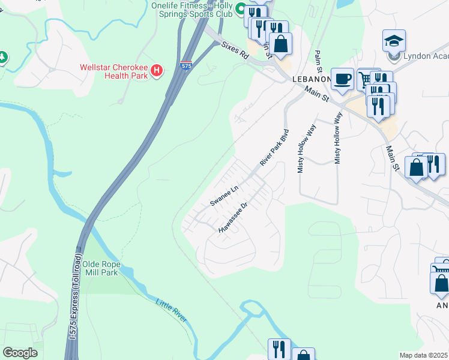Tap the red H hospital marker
157,71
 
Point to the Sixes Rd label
235,49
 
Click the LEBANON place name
311,79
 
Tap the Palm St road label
319,63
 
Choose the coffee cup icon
342,79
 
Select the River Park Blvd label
274,148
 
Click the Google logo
20,353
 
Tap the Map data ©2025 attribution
423,355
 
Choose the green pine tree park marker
2,58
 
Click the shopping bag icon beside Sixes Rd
280,43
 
